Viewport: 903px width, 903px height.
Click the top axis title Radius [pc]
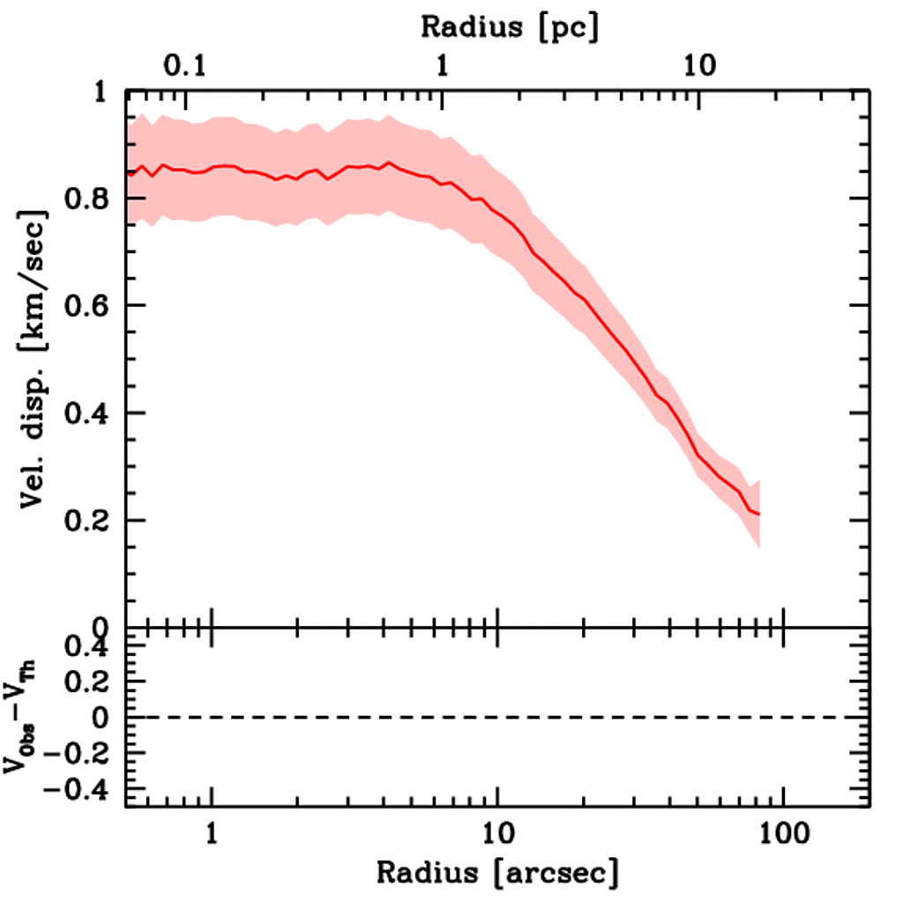pyautogui.click(x=510, y=26)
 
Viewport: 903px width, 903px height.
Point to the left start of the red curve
pyautogui.click(x=128, y=172)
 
